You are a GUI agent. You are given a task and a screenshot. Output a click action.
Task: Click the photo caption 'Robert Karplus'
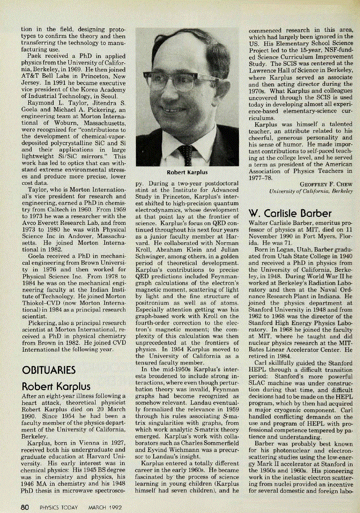(x=187, y=172)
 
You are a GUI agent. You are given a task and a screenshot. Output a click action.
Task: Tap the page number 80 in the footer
(x=24, y=506)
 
